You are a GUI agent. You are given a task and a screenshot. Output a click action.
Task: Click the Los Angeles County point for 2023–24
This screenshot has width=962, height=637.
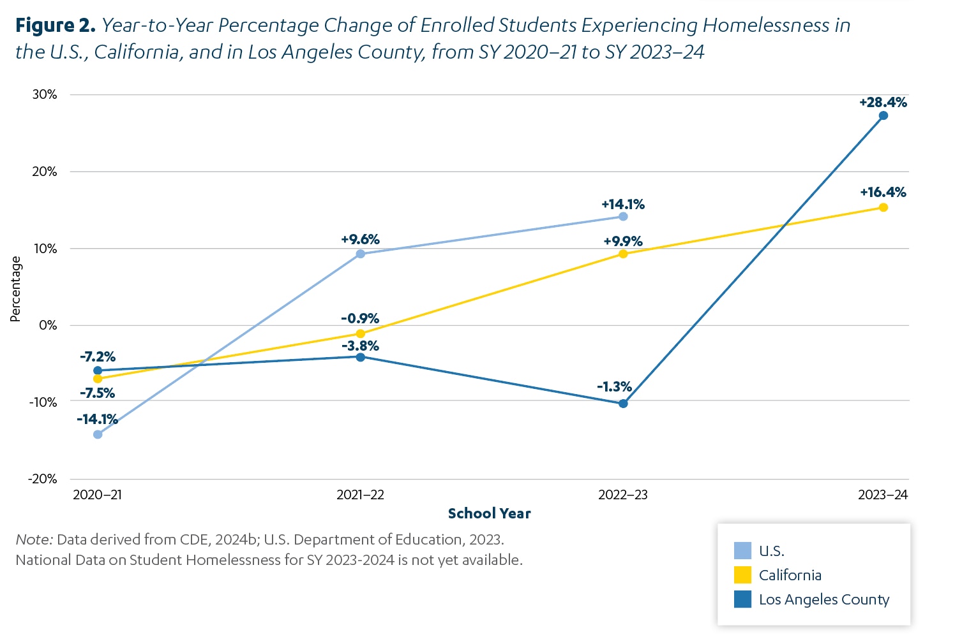pos(883,116)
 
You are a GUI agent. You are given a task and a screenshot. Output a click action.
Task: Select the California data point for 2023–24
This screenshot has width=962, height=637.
pos(883,208)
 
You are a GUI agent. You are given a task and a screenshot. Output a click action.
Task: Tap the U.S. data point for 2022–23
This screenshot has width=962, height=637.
pos(623,217)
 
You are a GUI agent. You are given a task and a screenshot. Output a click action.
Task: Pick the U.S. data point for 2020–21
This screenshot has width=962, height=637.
pos(98,434)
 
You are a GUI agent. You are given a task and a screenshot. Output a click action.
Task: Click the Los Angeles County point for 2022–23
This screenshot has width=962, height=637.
pos(623,404)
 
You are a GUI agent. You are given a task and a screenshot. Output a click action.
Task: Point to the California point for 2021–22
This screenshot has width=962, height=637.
pos(361,333)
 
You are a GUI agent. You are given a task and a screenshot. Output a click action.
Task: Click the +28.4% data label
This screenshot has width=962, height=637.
pos(883,103)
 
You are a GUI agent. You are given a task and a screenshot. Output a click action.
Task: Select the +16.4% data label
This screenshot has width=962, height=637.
pos(883,192)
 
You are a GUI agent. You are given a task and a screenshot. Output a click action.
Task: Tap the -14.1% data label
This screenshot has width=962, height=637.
pos(98,419)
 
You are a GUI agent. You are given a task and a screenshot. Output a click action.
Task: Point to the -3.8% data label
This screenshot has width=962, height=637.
pos(360,346)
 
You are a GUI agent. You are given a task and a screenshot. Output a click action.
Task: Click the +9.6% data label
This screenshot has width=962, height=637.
pos(360,239)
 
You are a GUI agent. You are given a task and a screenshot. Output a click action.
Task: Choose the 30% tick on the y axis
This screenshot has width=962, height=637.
pos(45,94)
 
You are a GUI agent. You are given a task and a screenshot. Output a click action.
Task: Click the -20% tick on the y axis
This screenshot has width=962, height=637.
pos(43,479)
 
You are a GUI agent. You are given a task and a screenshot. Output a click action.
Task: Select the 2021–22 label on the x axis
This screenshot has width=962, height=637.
pos(360,495)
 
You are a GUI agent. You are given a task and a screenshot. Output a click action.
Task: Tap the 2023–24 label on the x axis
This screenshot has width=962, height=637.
pos(883,495)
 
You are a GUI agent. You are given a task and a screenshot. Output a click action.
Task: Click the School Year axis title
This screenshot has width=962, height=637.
pos(490,513)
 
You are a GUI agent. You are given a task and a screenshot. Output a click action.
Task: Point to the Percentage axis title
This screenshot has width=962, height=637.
pos(15,289)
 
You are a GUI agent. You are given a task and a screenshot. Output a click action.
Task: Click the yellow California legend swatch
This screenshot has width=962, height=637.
pos(742,575)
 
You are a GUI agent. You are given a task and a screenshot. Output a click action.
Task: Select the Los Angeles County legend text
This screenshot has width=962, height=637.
pos(824,599)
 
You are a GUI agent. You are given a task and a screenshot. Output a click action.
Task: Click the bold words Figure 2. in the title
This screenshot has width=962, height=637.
pos(56,26)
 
